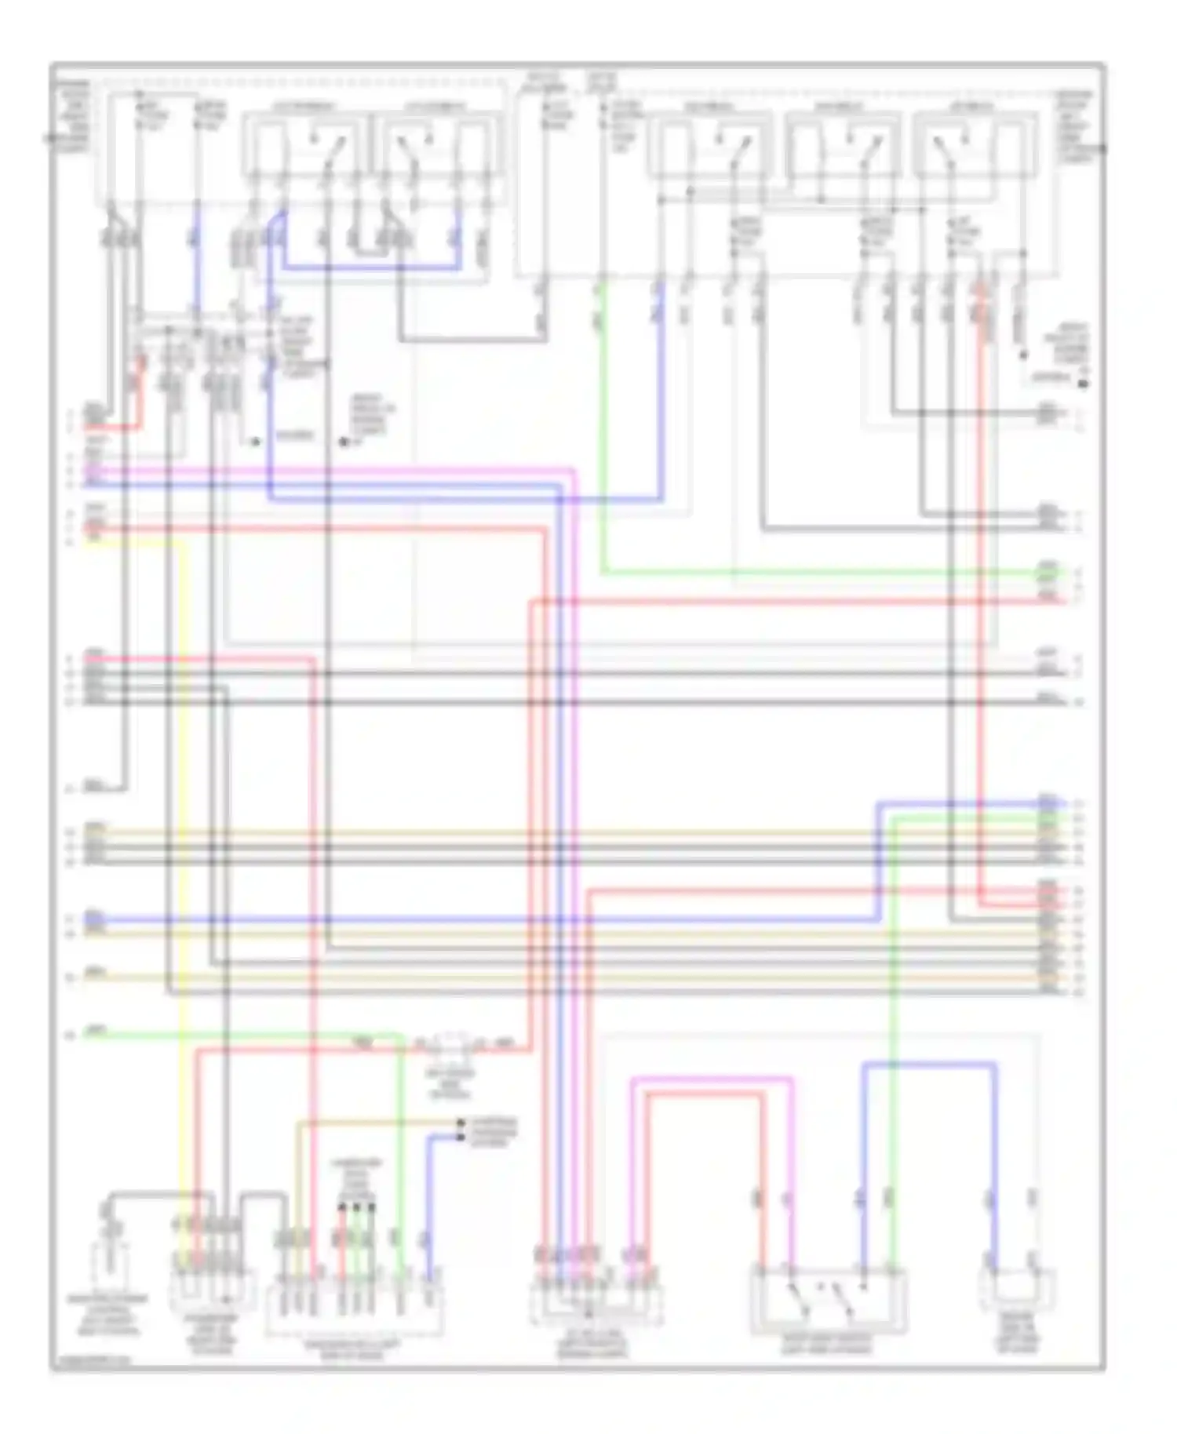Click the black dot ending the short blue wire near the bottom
[x=461, y=1137]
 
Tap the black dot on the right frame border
[x=1104, y=147]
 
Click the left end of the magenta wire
[x=88, y=470]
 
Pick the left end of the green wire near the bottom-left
[x=88, y=1035]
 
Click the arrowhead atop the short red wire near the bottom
[x=342, y=1207]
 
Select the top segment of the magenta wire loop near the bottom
[x=711, y=1079]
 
